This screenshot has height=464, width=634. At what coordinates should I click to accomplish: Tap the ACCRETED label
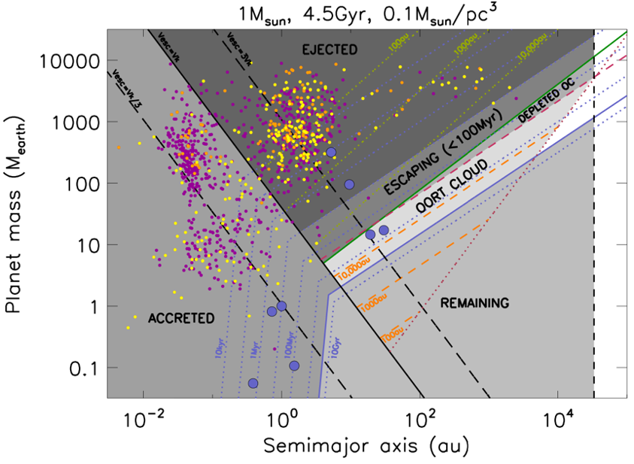(180, 318)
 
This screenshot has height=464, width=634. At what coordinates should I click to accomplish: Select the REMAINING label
(475, 303)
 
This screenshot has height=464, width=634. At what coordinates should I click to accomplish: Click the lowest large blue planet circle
(253, 383)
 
